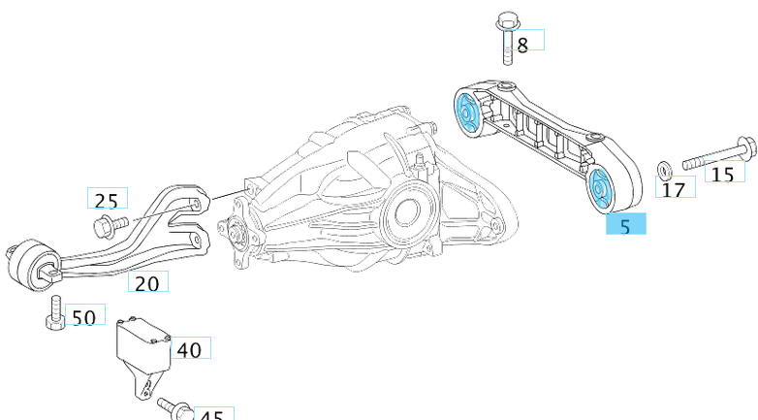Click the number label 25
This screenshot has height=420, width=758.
coord(107,199)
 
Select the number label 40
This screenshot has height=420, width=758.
coord(190,348)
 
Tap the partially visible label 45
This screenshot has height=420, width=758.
coord(211,414)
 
